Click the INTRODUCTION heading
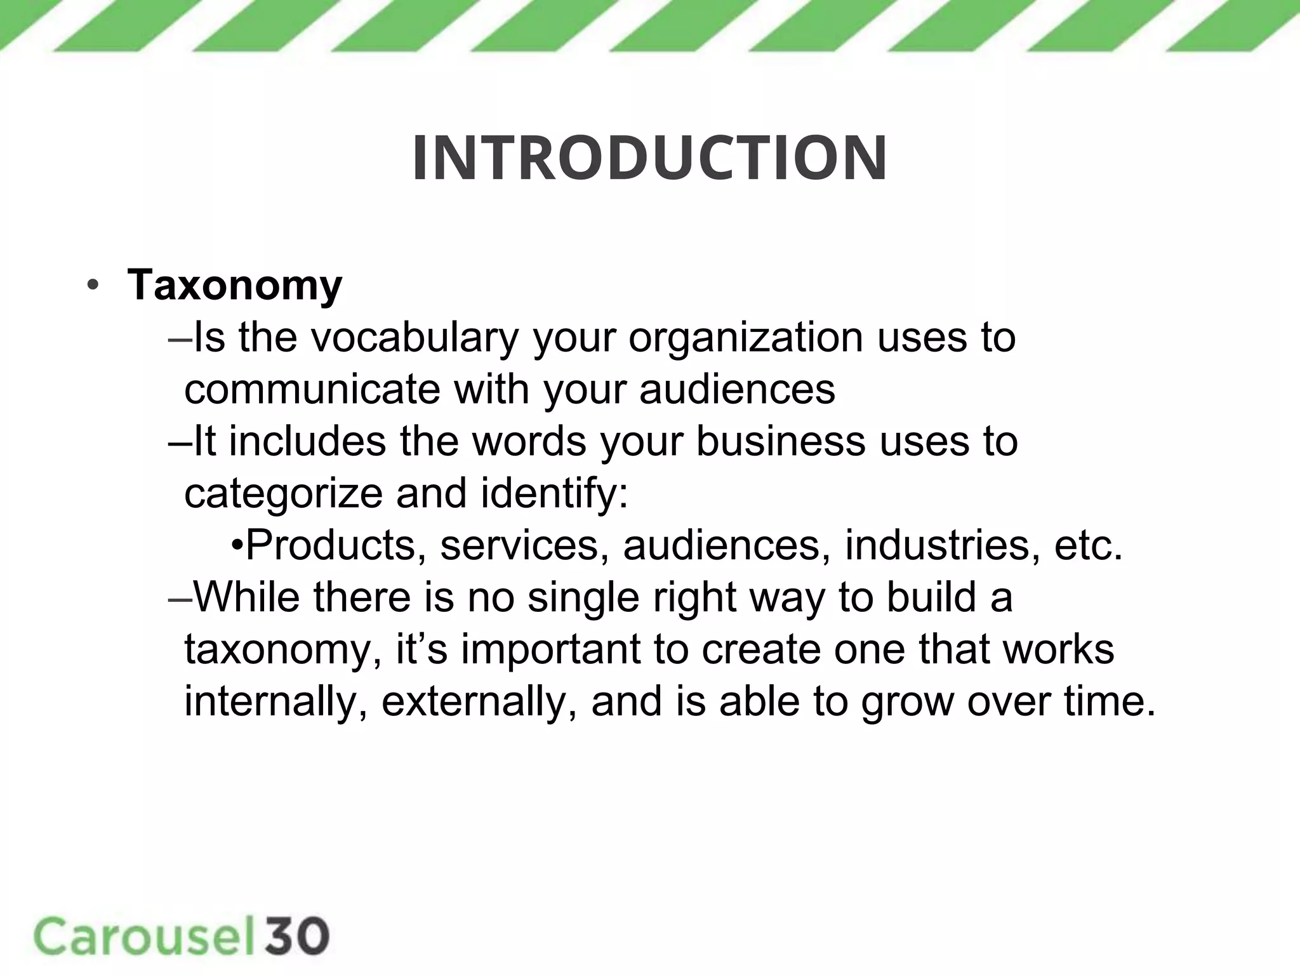[x=649, y=158]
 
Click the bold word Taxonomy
[x=235, y=285]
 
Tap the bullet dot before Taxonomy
[x=93, y=285]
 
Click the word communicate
[x=312, y=389]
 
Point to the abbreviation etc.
[x=1088, y=545]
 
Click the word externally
[x=479, y=701]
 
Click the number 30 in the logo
[x=297, y=936]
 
